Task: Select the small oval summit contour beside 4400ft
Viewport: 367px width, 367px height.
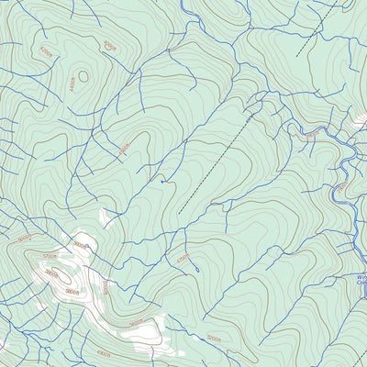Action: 83,77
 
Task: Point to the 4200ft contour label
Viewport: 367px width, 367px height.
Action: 111,44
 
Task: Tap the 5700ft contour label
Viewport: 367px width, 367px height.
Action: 48,258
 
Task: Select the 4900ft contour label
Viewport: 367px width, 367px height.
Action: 81,246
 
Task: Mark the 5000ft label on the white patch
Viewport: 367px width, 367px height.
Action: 136,322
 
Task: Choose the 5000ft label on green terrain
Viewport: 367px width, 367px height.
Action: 214,338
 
